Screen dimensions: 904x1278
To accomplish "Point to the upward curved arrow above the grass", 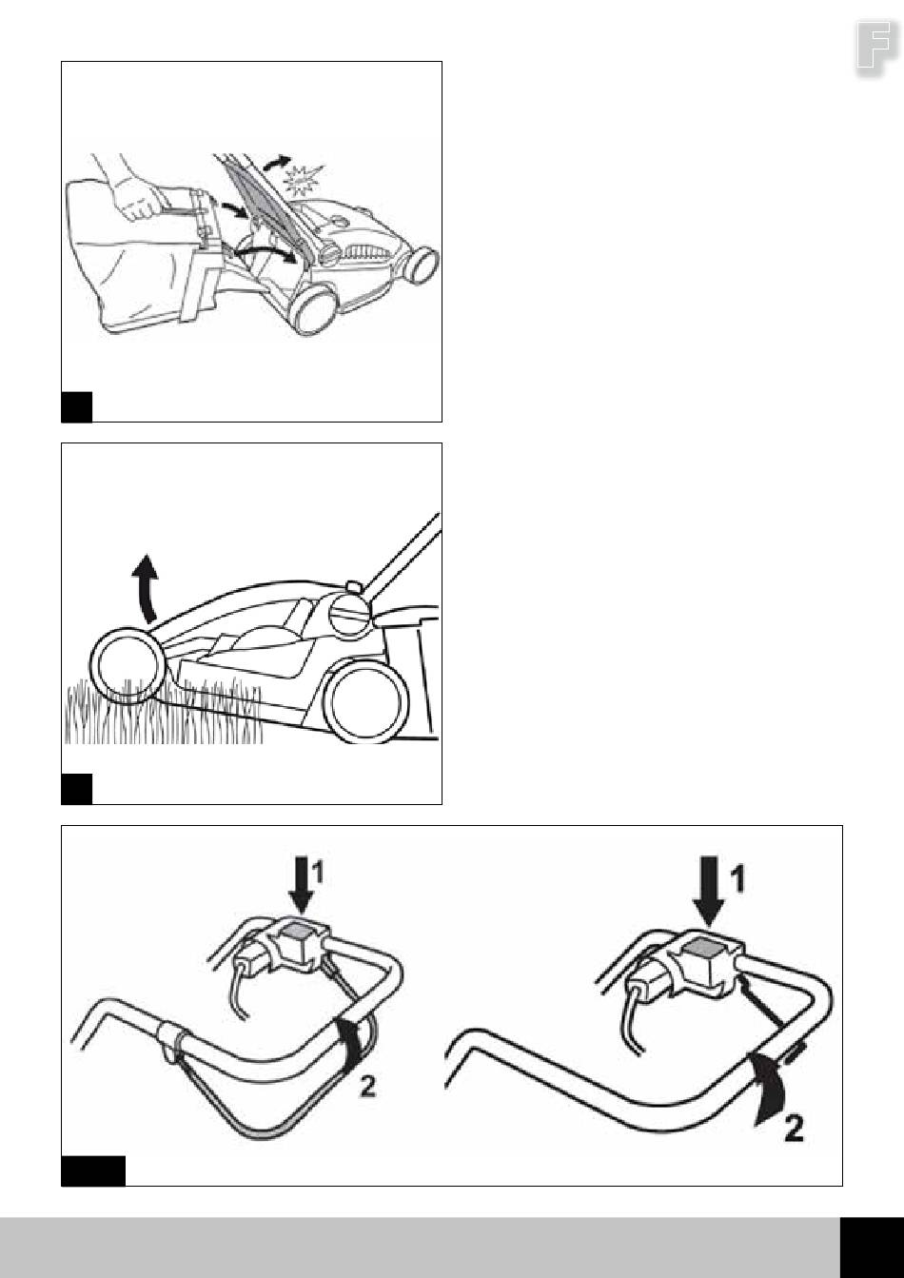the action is (146, 588).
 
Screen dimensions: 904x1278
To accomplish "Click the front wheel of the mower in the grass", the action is (125, 665).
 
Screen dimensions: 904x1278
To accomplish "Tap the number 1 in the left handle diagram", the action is (317, 873).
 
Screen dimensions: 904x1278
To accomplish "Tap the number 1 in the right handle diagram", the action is (738, 878).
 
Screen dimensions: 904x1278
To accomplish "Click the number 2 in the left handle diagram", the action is (368, 1086).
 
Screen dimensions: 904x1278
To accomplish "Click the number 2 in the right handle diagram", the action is (794, 1129).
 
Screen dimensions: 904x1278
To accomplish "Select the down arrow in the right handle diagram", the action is (709, 891).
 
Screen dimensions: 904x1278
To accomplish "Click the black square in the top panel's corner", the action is (76, 406).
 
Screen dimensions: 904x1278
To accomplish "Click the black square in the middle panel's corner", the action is (76, 789).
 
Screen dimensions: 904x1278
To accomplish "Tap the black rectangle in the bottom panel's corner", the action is (93, 1171).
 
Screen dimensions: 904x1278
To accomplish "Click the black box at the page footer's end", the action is (872, 1248).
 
